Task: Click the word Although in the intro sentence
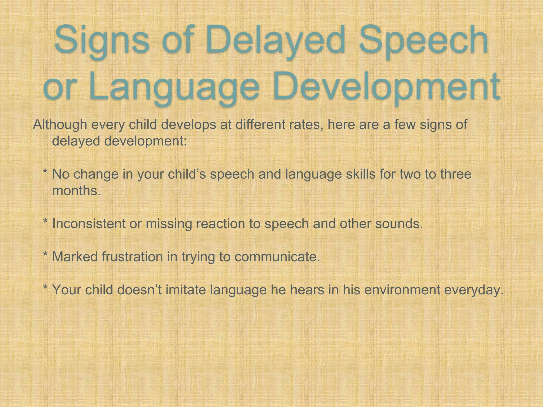(60, 125)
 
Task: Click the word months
(77, 191)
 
